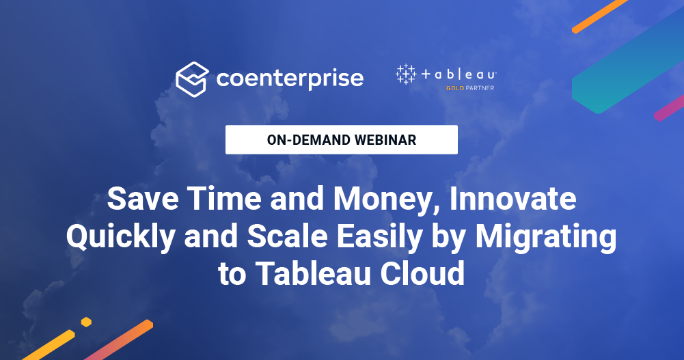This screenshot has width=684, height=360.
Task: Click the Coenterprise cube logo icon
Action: coord(191,79)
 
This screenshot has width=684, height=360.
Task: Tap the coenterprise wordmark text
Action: coord(290,79)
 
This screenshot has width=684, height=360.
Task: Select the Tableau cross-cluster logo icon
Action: coord(406,74)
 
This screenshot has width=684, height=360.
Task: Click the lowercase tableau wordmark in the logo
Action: coord(459,75)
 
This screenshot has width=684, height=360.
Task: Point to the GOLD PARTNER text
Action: coord(469,88)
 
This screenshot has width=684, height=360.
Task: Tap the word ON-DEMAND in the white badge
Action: coord(308,140)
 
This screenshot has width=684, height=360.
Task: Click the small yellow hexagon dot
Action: coord(86,322)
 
